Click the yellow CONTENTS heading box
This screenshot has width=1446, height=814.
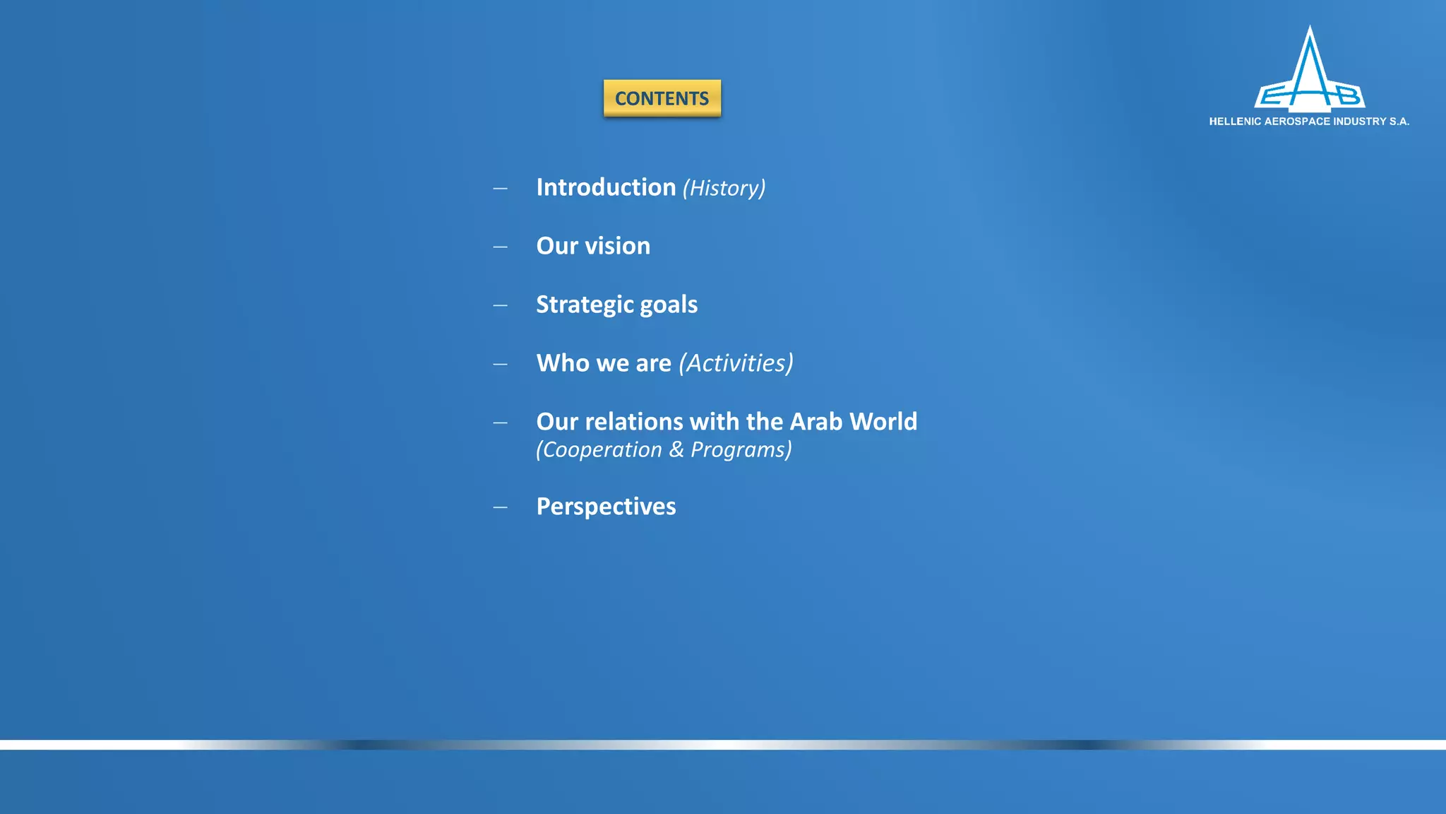[662, 98]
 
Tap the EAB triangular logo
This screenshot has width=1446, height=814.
[1310, 74]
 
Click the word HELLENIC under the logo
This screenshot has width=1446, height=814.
[1235, 122]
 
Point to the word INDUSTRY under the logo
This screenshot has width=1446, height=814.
[1359, 122]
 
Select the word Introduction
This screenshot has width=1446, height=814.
[606, 187]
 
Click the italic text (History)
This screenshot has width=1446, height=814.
[724, 188]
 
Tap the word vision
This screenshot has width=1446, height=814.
[617, 246]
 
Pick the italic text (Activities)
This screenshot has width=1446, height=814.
[736, 363]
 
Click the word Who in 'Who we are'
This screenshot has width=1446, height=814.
[563, 363]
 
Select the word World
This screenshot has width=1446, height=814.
[883, 422]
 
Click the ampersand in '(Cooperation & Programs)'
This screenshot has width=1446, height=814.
[676, 449]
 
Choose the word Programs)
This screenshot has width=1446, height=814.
[741, 450]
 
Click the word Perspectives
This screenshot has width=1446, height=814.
[606, 507]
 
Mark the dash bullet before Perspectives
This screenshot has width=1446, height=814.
[500, 507]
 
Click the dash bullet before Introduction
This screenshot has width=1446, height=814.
[500, 189]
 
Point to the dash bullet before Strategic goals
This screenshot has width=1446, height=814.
[500, 306]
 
